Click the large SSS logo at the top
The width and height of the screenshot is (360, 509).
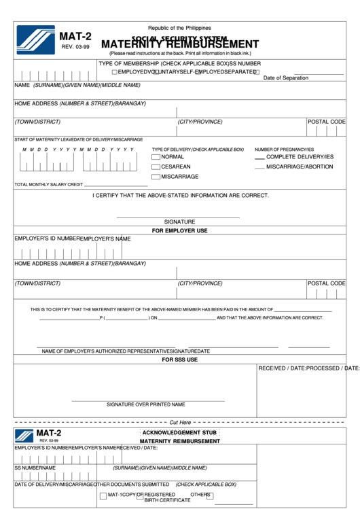tap(36, 39)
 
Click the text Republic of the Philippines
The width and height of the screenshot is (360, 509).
tap(180, 28)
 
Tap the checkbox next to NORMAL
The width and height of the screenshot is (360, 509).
tap(156, 157)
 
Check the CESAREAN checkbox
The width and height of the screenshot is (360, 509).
tap(156, 166)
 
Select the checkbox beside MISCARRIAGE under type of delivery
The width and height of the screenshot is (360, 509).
tap(156, 177)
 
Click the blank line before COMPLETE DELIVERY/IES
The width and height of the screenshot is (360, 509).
tap(259, 158)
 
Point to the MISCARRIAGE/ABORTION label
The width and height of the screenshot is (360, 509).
tap(300, 166)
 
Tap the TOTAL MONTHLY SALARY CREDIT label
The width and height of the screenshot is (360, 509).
tap(49, 185)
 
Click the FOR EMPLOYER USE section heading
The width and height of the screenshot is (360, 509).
tap(180, 231)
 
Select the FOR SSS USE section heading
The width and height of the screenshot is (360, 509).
tap(180, 359)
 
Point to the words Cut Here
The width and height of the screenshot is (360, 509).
tap(180, 422)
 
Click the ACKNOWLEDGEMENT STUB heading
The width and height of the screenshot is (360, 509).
tap(180, 433)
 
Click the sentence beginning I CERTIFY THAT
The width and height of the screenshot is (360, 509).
tap(181, 196)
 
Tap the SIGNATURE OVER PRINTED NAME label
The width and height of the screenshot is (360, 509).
tap(145, 404)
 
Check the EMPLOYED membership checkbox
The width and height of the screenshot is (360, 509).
tap(115, 71)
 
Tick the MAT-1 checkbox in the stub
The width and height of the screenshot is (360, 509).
tap(103, 495)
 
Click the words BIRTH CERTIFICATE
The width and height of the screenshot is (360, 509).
tap(167, 500)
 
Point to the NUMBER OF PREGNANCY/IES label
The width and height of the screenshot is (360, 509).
tap(284, 150)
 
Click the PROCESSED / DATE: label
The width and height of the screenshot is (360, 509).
tap(334, 368)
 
